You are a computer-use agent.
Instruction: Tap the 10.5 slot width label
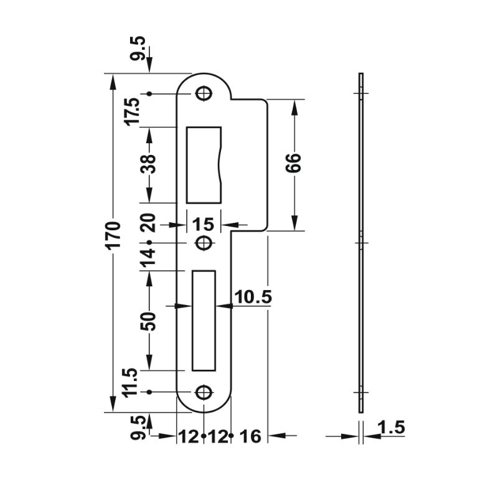coord(255,298)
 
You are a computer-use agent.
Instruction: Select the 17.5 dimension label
coord(133,111)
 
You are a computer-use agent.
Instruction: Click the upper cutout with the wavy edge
coord(204,164)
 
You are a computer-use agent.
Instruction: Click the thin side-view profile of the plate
coord(360,242)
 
